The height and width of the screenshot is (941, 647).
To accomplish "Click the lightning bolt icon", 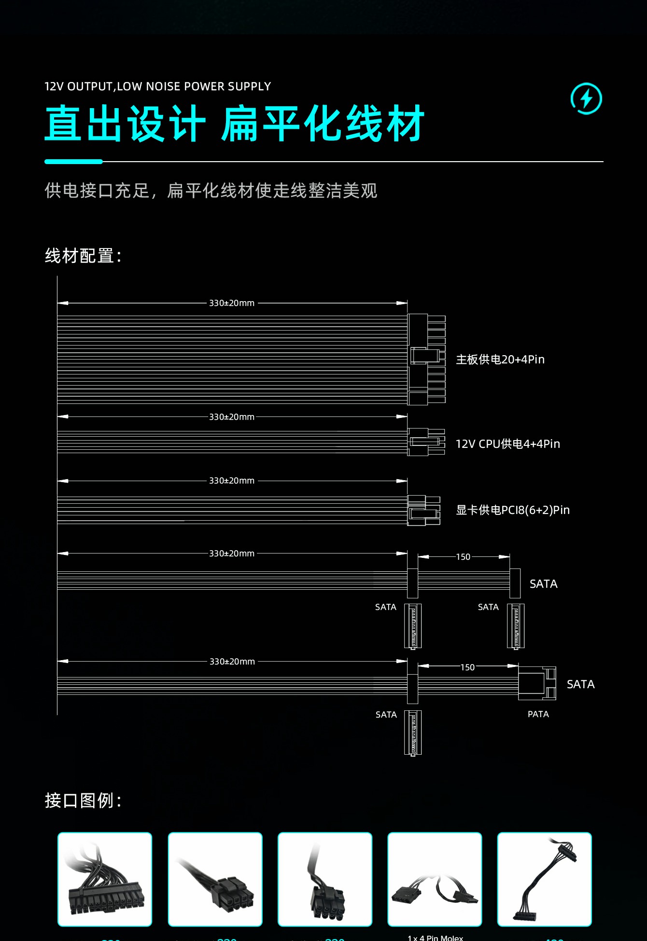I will pos(586,99).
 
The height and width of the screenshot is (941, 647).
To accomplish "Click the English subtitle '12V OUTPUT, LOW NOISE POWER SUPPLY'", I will pos(158,86).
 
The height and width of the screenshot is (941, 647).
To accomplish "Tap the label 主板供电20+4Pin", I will pos(500,360).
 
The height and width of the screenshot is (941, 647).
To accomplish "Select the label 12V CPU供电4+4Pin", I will pos(508,444).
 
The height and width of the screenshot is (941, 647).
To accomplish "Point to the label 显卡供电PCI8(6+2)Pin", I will pos(513,510).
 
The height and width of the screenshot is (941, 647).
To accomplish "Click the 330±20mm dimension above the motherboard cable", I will pos(232,303).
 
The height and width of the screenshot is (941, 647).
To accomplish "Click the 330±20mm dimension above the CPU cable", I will pos(232,417).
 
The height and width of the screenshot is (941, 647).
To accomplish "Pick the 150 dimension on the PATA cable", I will pos(467,667).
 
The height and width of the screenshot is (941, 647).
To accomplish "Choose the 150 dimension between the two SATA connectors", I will pos(463,557).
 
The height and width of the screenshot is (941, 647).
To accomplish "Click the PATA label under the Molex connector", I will pos(538,714).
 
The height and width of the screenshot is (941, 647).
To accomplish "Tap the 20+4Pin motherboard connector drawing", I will pos(426,359).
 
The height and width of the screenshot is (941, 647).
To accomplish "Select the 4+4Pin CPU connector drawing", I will pos(426,442).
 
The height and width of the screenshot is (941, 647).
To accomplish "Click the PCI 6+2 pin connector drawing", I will pos(423,510).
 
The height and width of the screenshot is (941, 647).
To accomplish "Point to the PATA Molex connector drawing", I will pos(537,683).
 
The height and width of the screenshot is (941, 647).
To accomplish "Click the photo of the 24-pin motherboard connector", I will pos(105,879).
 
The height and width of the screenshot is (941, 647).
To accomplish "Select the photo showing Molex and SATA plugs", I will pos(435,879).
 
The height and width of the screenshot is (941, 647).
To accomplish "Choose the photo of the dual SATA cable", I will pos(544,879).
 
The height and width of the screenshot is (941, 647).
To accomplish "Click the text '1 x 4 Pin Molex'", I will pos(435,938).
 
